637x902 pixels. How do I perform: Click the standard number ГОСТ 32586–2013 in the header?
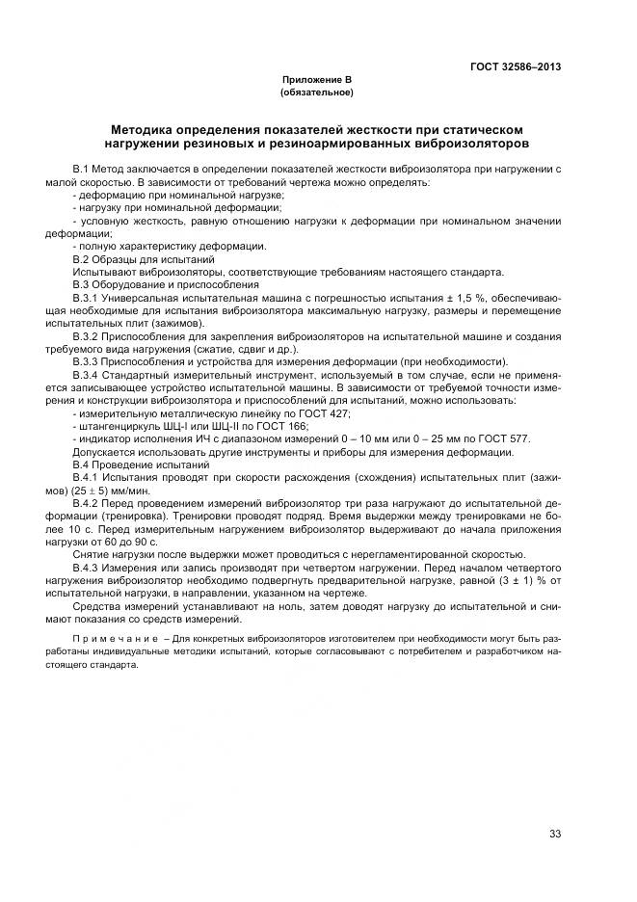516,66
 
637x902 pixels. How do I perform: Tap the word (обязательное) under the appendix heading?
317,93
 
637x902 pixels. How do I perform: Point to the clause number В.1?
82,169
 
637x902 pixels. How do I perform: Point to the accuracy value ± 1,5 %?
413,298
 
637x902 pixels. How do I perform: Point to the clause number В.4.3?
90,568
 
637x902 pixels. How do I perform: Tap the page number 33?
555,834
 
